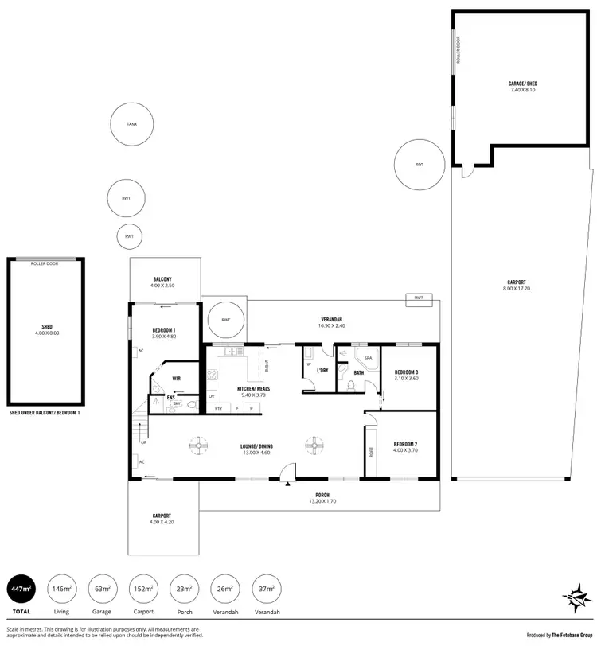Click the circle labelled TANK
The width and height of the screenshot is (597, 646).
tap(132, 125)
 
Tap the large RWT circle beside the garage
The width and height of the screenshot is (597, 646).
tap(419, 165)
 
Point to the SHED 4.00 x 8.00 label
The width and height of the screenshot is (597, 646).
tap(46, 329)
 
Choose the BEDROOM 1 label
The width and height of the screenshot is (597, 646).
tap(163, 333)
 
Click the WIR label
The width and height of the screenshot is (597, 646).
tap(179, 379)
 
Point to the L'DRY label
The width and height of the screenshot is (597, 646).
tap(322, 371)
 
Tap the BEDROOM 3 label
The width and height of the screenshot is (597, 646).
tap(406, 375)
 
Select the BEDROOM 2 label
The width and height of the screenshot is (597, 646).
tap(406, 447)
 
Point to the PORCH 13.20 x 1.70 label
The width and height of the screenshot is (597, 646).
tap(322, 498)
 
